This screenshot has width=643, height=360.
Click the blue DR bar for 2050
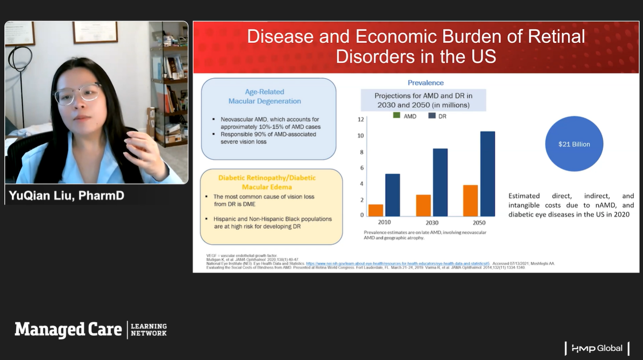pos(487,174)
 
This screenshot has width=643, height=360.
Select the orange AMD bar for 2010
pos(376,210)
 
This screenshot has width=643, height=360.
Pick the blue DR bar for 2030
pos(440,182)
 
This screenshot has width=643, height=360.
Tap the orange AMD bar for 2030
pos(423,205)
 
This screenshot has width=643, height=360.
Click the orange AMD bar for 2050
pos(471,201)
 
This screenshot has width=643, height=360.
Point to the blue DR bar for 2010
pos(392,195)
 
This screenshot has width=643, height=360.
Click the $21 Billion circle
pos(574,144)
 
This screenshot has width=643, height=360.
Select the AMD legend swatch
pos(397,116)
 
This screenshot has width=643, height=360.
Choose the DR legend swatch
pos(432,116)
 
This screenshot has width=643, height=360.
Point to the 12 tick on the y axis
pos(361,119)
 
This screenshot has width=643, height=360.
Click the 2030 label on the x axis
pos(432,222)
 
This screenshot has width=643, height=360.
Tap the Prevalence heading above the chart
pos(425,83)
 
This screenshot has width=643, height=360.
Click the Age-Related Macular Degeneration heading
pos(264,96)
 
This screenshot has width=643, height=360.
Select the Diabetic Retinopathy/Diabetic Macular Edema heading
pos(267,182)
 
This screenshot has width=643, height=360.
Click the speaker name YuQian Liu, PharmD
pos(67,196)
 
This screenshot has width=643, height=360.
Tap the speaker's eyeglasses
pos(77,94)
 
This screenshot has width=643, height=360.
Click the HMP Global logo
pos(597,348)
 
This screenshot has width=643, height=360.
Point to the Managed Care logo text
pos(68,329)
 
